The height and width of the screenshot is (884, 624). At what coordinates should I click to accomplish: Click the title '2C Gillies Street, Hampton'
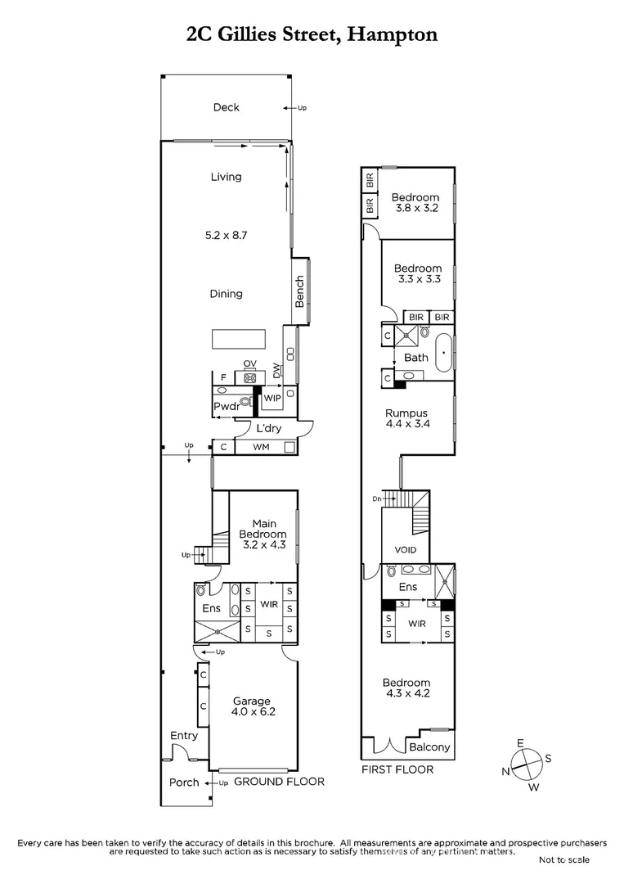pos(312,34)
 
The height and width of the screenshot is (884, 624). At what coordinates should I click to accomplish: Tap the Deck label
pos(226,107)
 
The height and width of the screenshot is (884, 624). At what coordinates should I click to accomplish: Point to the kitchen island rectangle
pos(239,339)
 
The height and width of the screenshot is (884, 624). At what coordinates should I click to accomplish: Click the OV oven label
pos(249,364)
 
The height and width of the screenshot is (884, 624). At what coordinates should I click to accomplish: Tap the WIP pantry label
pos(272,398)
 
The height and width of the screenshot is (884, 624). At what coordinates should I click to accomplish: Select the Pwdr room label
pos(226,407)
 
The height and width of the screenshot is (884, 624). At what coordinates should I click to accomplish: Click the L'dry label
pos(268,429)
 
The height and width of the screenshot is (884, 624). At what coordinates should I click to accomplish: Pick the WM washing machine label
pos(261,447)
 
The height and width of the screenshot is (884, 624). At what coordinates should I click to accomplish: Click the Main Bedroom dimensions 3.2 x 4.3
pos(263,544)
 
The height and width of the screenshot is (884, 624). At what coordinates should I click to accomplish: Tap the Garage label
pos(251,701)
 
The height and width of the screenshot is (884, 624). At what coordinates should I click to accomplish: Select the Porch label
pos(184,782)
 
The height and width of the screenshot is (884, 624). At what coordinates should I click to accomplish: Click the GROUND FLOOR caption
pos(279,782)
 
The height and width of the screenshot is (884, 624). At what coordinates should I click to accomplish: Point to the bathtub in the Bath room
pos(444,354)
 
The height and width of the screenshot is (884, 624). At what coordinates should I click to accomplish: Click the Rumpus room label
pos(408,413)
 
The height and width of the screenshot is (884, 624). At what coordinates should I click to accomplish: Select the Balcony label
pos(429,747)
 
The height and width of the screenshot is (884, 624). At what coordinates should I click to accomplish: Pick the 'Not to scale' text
pos(564,859)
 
